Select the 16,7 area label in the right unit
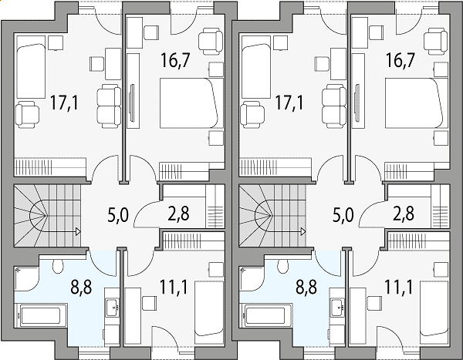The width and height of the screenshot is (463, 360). (x=399, y=60)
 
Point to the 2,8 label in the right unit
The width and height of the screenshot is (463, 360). (x=404, y=214)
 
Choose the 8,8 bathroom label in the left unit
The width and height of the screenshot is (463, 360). (x=82, y=287)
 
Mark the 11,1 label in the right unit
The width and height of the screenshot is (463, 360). (x=398, y=287)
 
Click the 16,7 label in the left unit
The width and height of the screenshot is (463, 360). (x=174, y=60)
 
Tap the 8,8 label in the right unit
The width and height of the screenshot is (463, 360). (x=306, y=287)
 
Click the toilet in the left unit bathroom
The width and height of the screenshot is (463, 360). (x=58, y=266)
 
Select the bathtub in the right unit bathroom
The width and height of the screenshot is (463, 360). (x=268, y=316)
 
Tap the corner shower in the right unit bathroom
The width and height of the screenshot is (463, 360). (x=251, y=278)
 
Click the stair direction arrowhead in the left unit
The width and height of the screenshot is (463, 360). (x=78, y=231)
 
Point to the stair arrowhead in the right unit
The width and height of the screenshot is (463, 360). (x=303, y=231)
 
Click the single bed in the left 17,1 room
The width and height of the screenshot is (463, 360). (x=31, y=67)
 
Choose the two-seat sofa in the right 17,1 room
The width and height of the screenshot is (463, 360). (x=333, y=106)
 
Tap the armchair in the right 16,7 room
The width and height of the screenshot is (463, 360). (x=435, y=41)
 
